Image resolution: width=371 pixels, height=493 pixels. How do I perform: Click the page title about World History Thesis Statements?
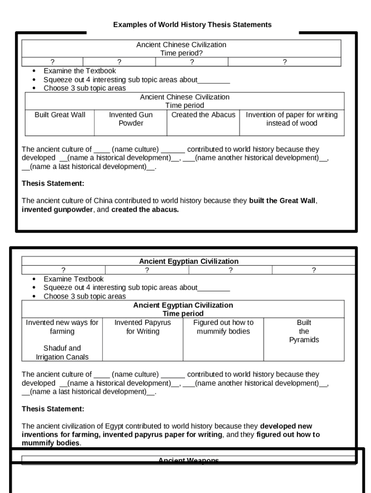pyautogui.click(x=192, y=25)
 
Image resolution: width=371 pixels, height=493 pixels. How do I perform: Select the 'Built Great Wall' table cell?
pyautogui.click(x=60, y=115)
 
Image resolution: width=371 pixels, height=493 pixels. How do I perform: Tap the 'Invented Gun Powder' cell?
pyautogui.click(x=131, y=119)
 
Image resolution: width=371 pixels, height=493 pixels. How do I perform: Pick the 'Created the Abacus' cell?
pyautogui.click(x=203, y=115)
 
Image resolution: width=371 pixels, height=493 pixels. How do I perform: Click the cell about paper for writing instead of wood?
pyautogui.click(x=291, y=119)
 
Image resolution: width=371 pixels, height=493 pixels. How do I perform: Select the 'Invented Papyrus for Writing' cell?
pyautogui.click(x=143, y=327)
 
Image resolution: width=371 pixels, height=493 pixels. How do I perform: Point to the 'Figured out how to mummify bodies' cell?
pyautogui.click(x=223, y=327)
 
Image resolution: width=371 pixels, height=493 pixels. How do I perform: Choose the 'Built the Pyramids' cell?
pyautogui.click(x=304, y=331)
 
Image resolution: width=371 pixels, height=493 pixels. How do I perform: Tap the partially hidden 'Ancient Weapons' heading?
pyautogui.click(x=188, y=460)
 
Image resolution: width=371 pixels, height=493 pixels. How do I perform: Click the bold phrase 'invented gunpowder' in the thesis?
pyautogui.click(x=57, y=210)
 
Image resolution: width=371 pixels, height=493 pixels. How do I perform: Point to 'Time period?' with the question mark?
pyautogui.click(x=181, y=53)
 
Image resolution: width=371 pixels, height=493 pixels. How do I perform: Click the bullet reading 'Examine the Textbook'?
pyautogui.click(x=79, y=71)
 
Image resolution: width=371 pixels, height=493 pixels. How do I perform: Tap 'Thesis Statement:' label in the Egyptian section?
pyautogui.click(x=53, y=409)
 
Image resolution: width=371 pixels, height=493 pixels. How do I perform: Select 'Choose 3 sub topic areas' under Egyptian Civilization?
pyautogui.click(x=84, y=297)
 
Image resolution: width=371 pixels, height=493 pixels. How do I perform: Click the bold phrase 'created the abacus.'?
pyautogui.click(x=145, y=210)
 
